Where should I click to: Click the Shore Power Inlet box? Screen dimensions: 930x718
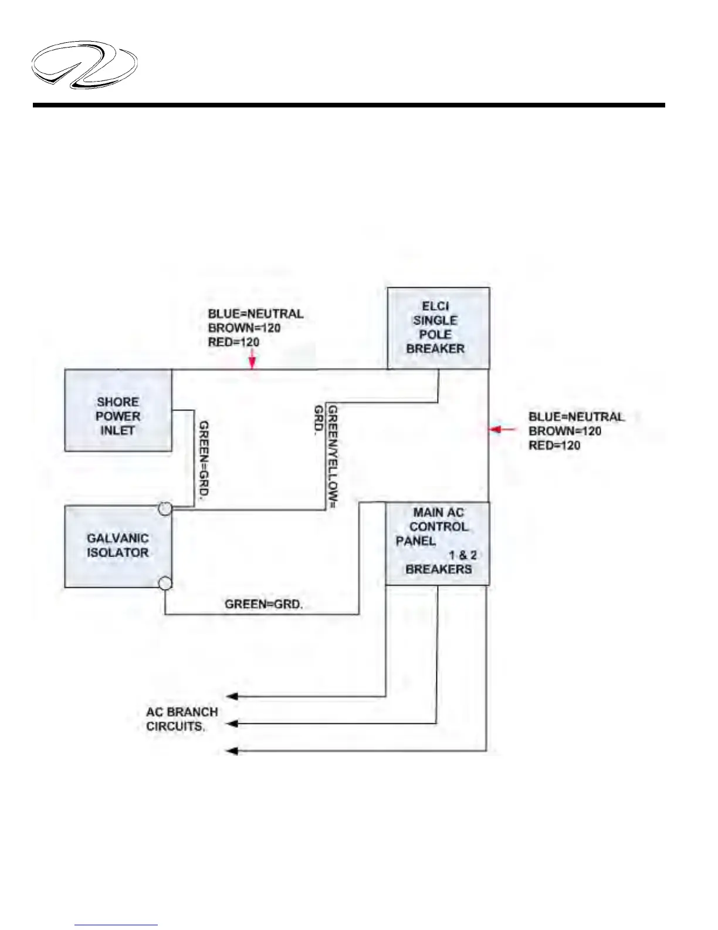point(118,410)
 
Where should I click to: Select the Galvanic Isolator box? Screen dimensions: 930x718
point(118,546)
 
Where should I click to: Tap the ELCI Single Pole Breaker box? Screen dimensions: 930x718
point(438,328)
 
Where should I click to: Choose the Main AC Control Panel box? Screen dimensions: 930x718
point(437,543)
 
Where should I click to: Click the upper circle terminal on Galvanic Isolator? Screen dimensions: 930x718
point(165,508)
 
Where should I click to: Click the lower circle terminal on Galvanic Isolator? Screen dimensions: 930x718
point(165,583)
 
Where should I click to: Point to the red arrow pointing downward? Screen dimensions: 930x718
point(252,359)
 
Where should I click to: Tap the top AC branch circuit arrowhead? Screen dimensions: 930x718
point(232,696)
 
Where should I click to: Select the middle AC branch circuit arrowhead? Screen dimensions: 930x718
point(232,723)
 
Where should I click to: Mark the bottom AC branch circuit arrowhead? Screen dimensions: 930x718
point(232,750)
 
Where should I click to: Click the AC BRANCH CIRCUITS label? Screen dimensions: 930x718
point(182,719)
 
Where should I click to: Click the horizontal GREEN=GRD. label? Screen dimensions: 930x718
point(264,604)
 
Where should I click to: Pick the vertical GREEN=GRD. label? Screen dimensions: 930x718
point(204,460)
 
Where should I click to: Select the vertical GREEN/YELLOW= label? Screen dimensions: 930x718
point(333,456)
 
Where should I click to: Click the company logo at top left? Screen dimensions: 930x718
point(84,65)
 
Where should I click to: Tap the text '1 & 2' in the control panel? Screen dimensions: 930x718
point(463,555)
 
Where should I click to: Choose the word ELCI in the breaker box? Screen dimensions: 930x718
point(435,306)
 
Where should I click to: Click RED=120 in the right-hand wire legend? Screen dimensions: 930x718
point(554,445)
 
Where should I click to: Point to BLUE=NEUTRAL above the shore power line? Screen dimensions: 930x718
point(256,314)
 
